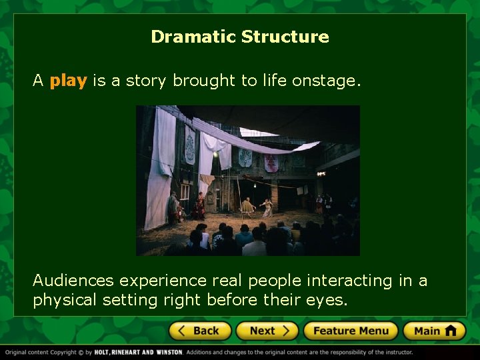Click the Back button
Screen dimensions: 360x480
coord(200,331)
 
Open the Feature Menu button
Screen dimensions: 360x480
coord(350,331)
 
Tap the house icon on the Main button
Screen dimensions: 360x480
coord(451,331)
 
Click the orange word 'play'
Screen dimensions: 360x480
coord(68,81)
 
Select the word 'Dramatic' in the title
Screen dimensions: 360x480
coord(193,37)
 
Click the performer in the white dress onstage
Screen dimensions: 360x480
coord(268,207)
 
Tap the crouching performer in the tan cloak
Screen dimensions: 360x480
coord(247,208)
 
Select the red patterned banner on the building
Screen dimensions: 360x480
coord(271,163)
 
